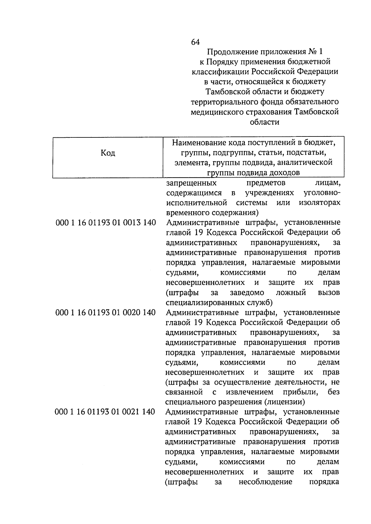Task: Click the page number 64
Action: (x=195, y=42)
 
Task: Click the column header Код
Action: (x=108, y=153)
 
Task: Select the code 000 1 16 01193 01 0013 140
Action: (x=106, y=223)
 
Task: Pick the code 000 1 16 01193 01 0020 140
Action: (x=105, y=312)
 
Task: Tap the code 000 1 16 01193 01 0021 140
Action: (x=105, y=412)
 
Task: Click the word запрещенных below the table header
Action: (x=191, y=183)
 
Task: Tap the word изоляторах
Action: (x=319, y=203)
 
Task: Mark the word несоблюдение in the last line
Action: (x=265, y=482)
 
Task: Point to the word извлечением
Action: (x=249, y=392)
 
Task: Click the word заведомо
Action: (x=247, y=293)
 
